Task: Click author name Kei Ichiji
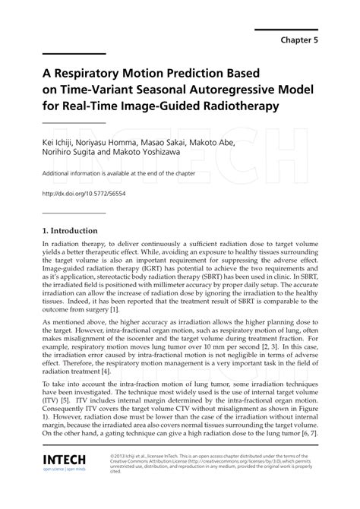click(x=60, y=143)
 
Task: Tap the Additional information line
click(x=115, y=173)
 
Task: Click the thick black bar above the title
click(x=74, y=53)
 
